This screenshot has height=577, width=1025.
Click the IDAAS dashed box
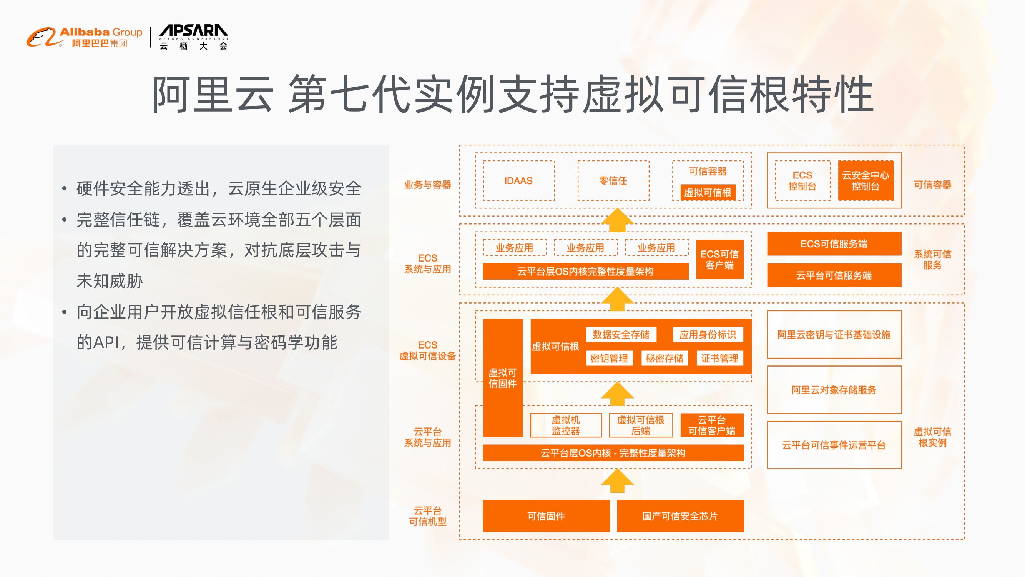(518, 181)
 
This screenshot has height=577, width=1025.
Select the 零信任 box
(613, 181)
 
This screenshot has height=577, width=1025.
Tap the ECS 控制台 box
(802, 181)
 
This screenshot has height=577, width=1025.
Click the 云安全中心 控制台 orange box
(866, 181)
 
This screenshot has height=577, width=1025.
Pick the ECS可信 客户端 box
(720, 260)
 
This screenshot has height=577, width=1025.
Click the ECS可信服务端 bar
(834, 244)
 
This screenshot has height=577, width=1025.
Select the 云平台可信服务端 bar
(834, 275)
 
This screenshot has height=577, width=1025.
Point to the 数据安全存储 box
(621, 335)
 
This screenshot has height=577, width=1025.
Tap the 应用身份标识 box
(708, 335)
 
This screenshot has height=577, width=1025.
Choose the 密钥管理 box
(609, 358)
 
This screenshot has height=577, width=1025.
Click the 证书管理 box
(719, 358)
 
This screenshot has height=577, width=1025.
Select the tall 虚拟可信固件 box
(503, 377)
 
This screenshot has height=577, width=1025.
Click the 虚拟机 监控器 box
(566, 425)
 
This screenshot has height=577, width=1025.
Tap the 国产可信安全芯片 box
(680, 516)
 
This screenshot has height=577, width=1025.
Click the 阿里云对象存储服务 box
(834, 390)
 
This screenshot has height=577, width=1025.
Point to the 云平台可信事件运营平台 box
(834, 445)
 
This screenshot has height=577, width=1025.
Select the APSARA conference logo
(194, 37)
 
